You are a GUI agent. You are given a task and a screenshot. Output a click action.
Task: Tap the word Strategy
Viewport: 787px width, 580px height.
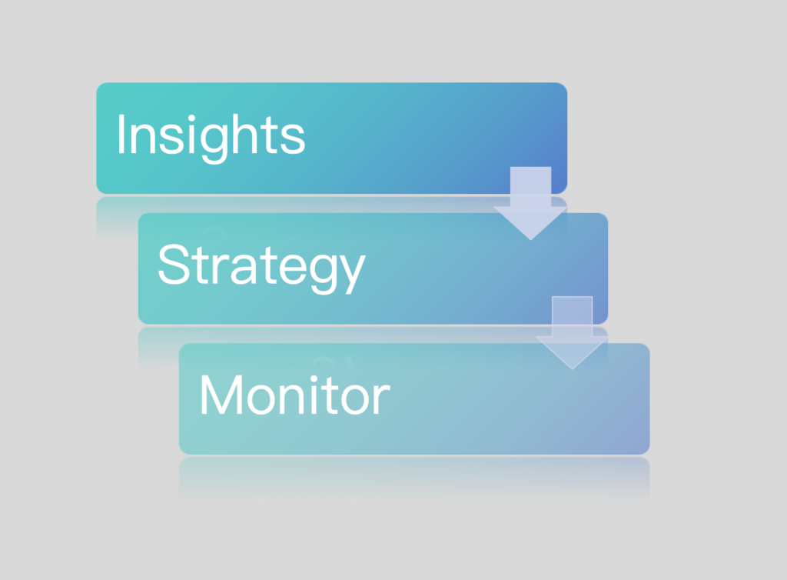[x=261, y=267]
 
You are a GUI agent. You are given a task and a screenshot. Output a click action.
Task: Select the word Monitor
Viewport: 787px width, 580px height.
[x=295, y=395]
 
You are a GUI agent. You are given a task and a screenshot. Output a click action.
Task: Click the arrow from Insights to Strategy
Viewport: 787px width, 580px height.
[x=530, y=203]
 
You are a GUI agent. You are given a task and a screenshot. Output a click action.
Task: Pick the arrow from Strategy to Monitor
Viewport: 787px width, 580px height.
[x=572, y=333]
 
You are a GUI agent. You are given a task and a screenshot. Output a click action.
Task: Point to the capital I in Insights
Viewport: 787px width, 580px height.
[x=121, y=134]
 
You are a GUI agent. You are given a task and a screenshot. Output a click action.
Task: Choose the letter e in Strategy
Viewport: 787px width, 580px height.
[x=293, y=268]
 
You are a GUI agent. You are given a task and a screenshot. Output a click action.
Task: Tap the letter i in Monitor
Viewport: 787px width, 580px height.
[x=314, y=395]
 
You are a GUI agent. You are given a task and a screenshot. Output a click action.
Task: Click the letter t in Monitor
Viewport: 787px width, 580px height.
[x=330, y=396]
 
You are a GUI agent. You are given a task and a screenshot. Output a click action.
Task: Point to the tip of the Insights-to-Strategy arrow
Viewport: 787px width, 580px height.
[x=530, y=240]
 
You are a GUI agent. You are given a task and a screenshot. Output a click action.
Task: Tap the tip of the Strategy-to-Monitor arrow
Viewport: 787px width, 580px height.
[x=572, y=369]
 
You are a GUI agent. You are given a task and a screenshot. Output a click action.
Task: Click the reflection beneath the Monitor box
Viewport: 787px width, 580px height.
[x=414, y=478]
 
